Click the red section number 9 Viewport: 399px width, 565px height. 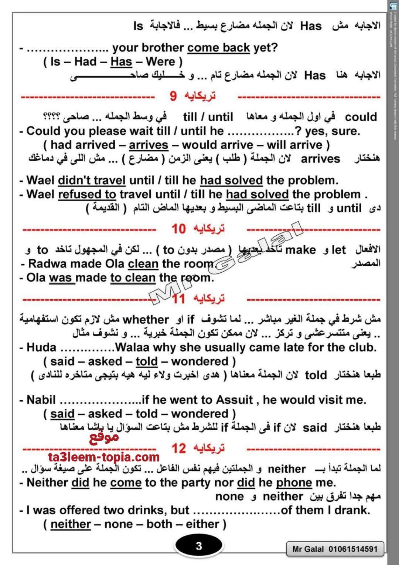(173, 97)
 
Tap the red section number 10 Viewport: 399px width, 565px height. (178, 229)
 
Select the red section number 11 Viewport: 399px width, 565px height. (178, 299)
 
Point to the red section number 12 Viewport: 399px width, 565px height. (178, 448)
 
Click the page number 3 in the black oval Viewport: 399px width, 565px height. (199, 546)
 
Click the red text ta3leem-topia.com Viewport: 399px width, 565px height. (104, 457)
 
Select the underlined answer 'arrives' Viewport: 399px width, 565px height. (149, 145)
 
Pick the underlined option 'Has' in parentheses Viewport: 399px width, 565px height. (121, 61)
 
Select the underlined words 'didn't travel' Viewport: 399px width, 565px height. (92, 181)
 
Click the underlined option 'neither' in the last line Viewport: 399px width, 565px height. (71, 524)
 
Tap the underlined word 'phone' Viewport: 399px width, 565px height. (294, 482)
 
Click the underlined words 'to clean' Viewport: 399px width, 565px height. (133, 278)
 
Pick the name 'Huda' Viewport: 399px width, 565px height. (41, 348)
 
